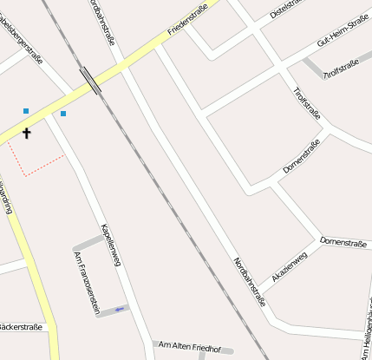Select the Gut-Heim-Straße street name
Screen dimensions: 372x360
(x=343, y=30)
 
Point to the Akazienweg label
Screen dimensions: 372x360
(x=290, y=265)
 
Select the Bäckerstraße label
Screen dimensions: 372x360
(x=19, y=327)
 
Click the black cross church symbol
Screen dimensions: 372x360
(x=26, y=133)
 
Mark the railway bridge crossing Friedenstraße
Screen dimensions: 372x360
(x=91, y=79)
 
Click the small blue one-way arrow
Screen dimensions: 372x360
(x=119, y=308)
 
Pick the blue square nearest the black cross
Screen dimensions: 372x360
(x=26, y=111)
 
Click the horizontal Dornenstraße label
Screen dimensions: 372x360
(x=344, y=239)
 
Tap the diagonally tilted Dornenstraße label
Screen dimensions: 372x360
(x=301, y=156)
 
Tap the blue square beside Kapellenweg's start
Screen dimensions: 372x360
(x=63, y=114)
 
